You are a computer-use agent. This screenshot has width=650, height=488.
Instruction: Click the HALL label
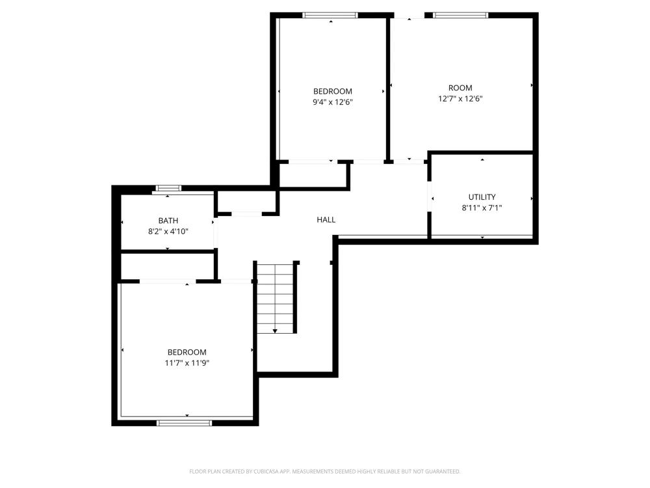tap(326, 220)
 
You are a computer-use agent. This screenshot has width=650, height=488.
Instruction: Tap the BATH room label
tap(168, 221)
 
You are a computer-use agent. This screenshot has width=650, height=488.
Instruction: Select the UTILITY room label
tap(482, 197)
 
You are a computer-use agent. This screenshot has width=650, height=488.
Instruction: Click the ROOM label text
tap(460, 88)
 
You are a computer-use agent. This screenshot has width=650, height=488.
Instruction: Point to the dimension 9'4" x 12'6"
tap(332, 102)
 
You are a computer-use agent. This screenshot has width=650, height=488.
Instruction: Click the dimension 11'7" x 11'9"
tap(187, 363)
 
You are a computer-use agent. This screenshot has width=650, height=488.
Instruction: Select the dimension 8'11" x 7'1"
tap(482, 208)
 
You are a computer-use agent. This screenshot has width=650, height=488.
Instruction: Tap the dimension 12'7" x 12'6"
tap(460, 99)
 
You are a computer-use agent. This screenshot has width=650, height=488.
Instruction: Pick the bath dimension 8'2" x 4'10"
tap(168, 232)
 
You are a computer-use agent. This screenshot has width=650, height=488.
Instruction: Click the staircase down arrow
tap(275, 331)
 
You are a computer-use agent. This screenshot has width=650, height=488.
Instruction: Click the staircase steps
tap(275, 298)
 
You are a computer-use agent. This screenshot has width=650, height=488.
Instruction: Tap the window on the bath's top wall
tap(168, 188)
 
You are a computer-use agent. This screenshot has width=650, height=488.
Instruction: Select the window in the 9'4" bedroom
tap(330, 16)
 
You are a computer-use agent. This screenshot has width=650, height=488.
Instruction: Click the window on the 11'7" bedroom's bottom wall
tap(185, 423)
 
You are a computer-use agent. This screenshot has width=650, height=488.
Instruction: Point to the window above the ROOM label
tap(461, 16)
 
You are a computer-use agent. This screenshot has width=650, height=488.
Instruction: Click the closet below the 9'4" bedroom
tap(313, 175)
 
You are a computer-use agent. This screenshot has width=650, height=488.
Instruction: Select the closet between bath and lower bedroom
tap(167, 266)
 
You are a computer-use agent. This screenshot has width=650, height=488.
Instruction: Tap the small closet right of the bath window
tap(246, 202)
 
